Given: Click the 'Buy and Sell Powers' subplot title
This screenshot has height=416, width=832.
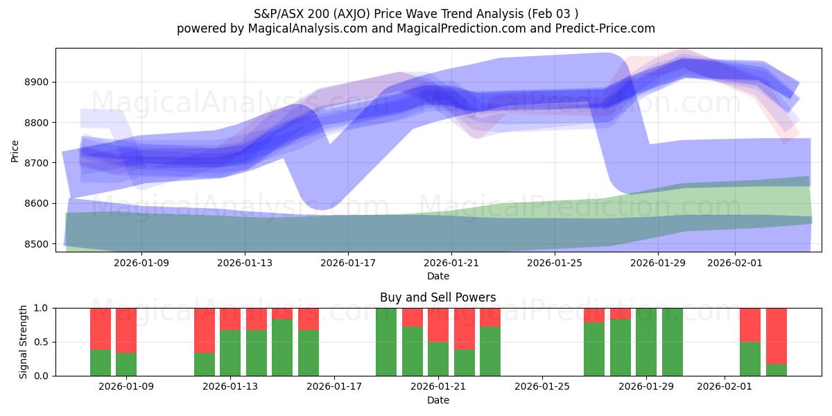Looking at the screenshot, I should click(x=437, y=297).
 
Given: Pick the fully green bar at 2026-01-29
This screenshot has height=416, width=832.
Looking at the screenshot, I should click(x=646, y=342).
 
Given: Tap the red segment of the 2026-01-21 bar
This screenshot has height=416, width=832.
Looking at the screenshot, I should click(x=438, y=324).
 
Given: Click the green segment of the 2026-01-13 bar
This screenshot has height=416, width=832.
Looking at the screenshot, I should click(x=230, y=353).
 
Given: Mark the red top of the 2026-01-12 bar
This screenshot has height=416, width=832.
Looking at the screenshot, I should click(x=205, y=330).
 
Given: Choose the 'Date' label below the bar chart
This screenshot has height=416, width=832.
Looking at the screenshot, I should click(x=437, y=400).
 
